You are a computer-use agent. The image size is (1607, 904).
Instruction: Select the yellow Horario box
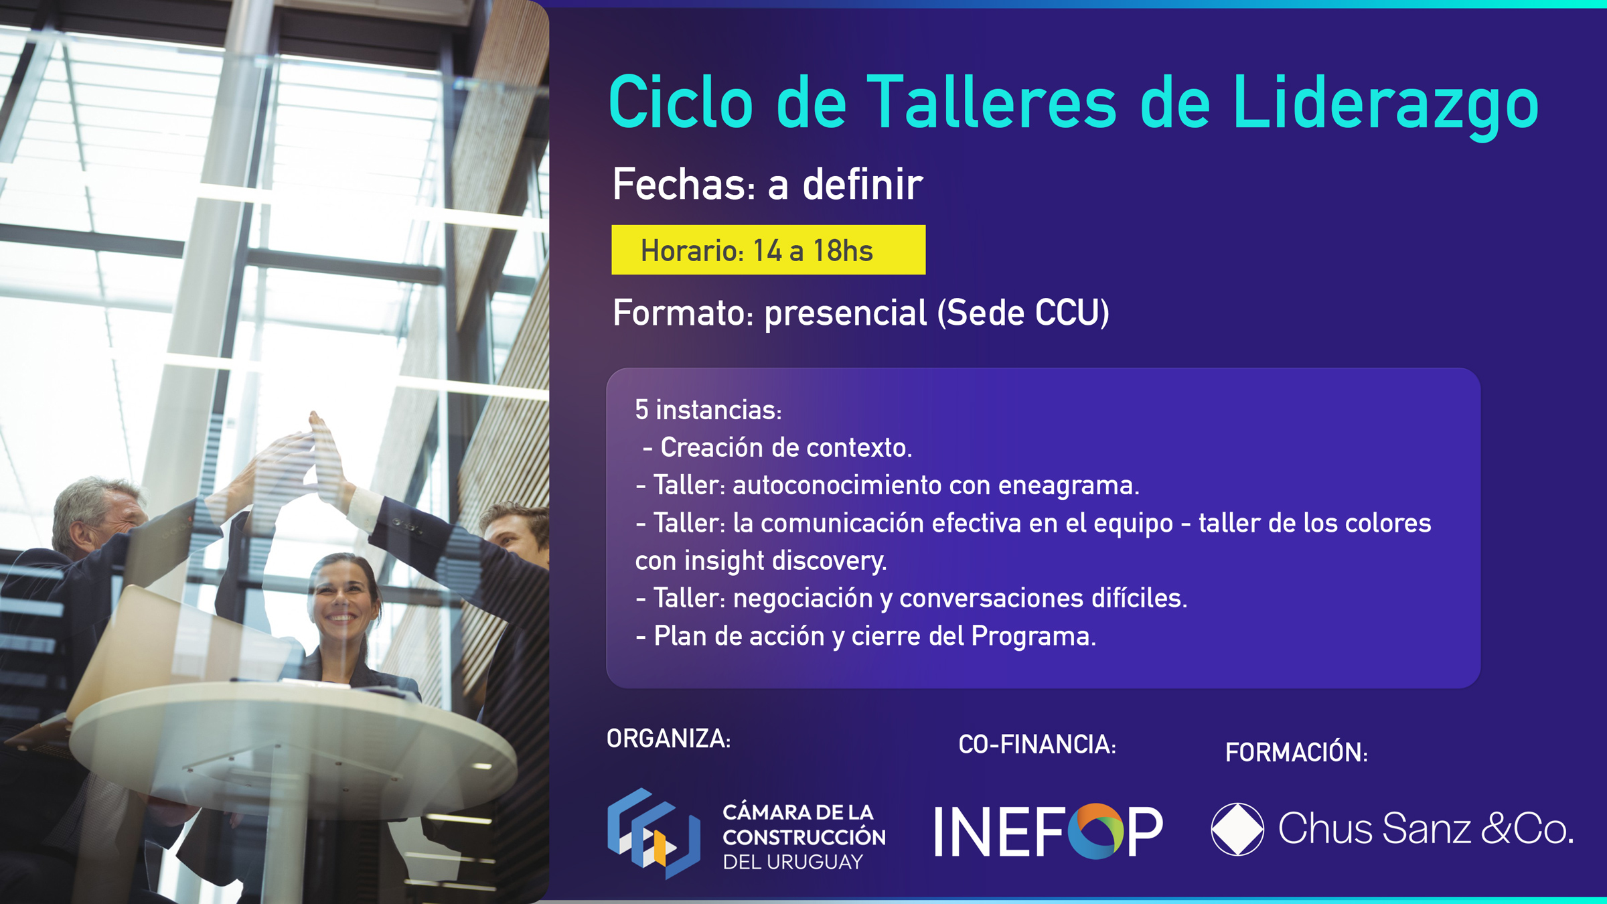(x=768, y=250)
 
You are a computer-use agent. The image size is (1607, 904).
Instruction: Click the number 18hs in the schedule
(x=843, y=251)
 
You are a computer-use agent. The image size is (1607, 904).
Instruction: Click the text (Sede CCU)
(x=1023, y=313)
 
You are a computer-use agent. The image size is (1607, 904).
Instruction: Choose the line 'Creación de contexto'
(x=777, y=447)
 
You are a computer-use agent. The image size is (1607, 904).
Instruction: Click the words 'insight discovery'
(x=785, y=560)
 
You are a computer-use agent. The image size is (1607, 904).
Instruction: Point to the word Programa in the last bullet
(x=1033, y=636)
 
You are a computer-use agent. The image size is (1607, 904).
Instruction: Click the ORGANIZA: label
(x=668, y=739)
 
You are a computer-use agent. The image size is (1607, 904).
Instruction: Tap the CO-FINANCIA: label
(x=1037, y=745)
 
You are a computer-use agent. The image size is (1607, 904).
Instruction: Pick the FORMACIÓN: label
(x=1296, y=751)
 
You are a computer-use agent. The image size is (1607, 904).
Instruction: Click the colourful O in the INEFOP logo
(x=1095, y=831)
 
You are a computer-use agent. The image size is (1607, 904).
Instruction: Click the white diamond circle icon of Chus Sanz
(x=1237, y=829)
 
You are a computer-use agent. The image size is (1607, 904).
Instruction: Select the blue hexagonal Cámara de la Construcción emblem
(x=654, y=833)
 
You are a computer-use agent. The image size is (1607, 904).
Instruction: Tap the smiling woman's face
(x=342, y=595)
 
